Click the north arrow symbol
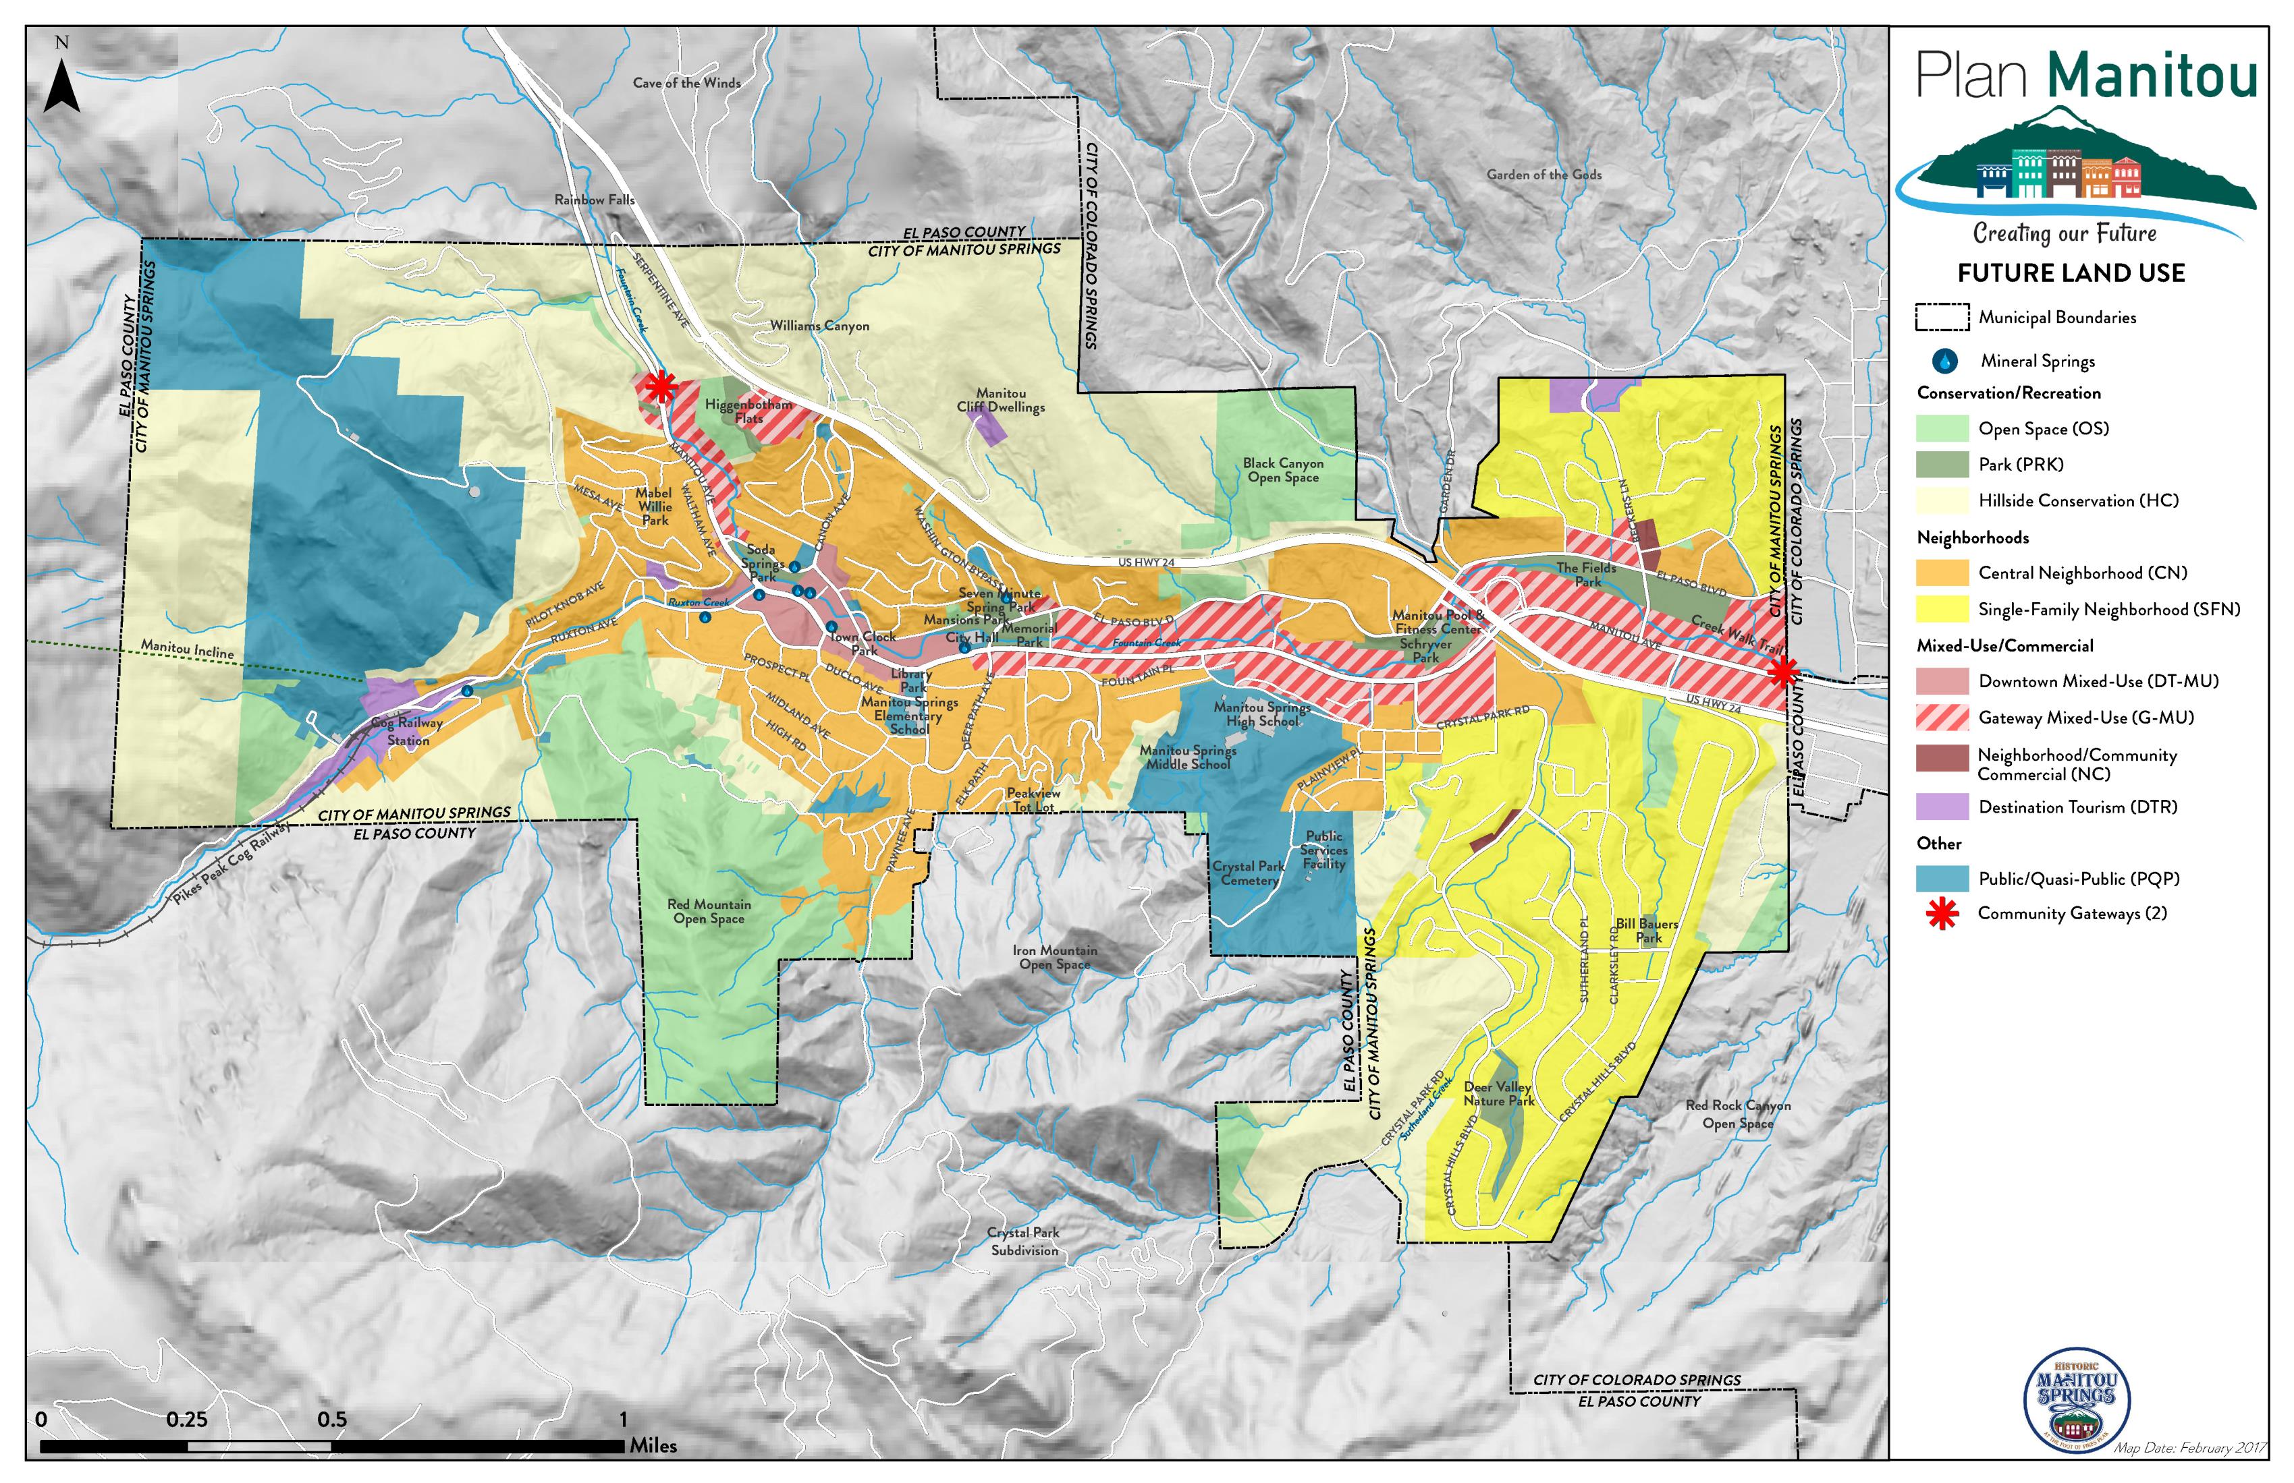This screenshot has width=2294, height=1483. [x=61, y=85]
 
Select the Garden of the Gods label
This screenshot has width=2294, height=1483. [x=1544, y=174]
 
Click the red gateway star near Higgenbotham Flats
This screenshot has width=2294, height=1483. [x=660, y=387]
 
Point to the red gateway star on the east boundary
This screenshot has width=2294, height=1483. [x=1783, y=671]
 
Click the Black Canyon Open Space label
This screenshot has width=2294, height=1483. [x=1282, y=470]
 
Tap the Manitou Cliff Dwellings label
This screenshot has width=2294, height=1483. [x=1000, y=400]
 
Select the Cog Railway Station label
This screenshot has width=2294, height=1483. [x=408, y=731]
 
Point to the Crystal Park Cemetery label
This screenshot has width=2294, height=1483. [x=1249, y=873]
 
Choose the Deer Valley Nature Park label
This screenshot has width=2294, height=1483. [x=1498, y=1093]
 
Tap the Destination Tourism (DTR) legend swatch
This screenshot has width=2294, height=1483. [x=1942, y=807]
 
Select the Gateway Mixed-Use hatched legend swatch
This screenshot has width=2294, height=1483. [x=1942, y=718]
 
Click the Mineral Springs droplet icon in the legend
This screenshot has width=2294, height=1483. [x=1944, y=361]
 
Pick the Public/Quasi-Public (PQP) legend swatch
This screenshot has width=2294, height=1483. [x=1942, y=878]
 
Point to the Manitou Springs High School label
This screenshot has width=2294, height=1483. [x=1261, y=714]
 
